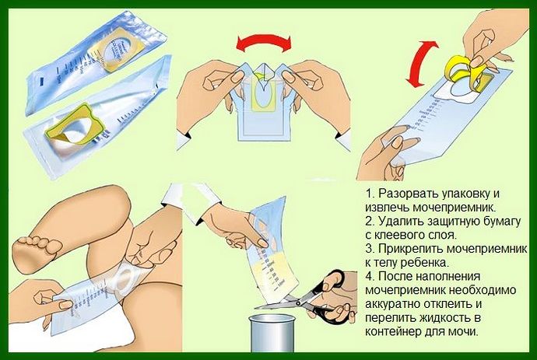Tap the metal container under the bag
[272, 334]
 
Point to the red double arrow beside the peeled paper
[420, 63]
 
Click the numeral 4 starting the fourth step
[368, 277]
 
